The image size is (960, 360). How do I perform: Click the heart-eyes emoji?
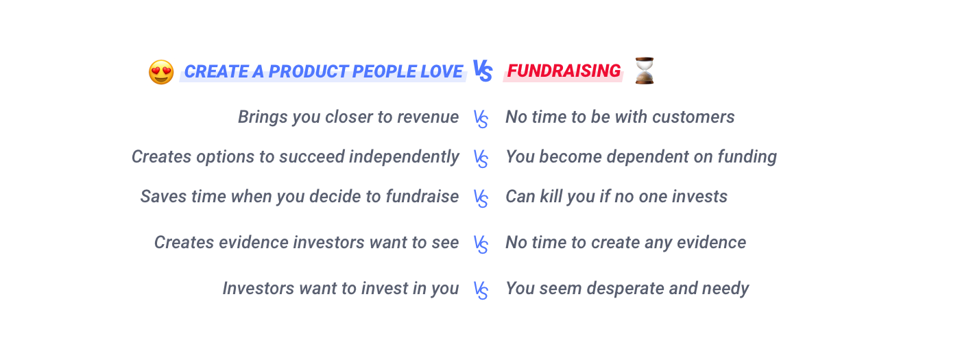tap(161, 72)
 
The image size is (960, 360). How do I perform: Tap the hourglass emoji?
tap(645, 71)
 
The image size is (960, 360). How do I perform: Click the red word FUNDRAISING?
tap(564, 71)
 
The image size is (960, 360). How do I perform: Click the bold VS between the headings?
tap(483, 71)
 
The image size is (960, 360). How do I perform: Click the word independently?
tap(404, 157)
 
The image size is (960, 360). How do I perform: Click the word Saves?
tap(163, 197)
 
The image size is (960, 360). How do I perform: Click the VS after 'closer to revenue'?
tap(481, 119)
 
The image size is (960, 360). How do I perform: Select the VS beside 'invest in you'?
tap(481, 291)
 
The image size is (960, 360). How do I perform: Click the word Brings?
tap(263, 117)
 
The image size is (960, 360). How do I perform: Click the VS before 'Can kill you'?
tap(481, 199)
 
